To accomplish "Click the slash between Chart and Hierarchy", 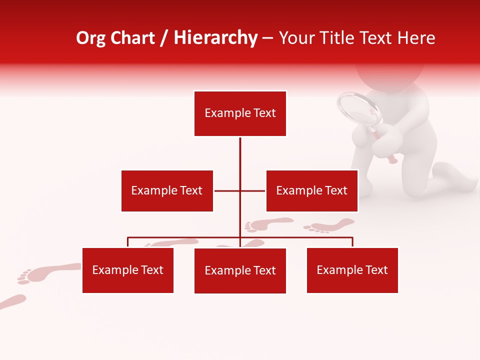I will coord(164,38).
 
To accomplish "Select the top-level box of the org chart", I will coord(240,113).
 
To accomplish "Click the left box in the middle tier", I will coord(167,190).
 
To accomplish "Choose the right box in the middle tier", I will coord(311,190).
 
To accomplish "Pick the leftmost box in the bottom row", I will coord(127,270).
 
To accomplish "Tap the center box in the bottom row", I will coord(240,270).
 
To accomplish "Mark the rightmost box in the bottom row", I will coord(352,270).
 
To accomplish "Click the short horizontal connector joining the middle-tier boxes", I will coord(227,190).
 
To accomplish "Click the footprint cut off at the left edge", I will coord(11,301).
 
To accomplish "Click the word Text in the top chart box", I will coord(264,113).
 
